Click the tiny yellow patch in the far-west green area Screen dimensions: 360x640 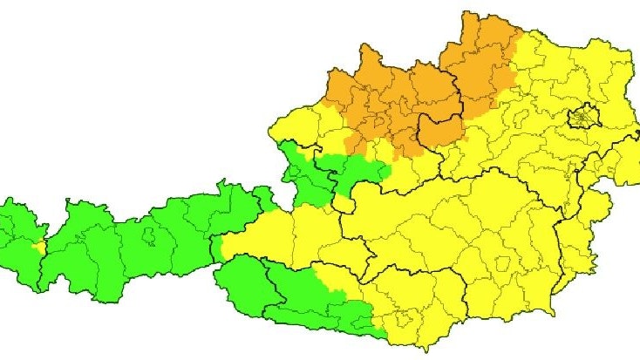37,248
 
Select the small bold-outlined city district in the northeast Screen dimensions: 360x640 582,116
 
